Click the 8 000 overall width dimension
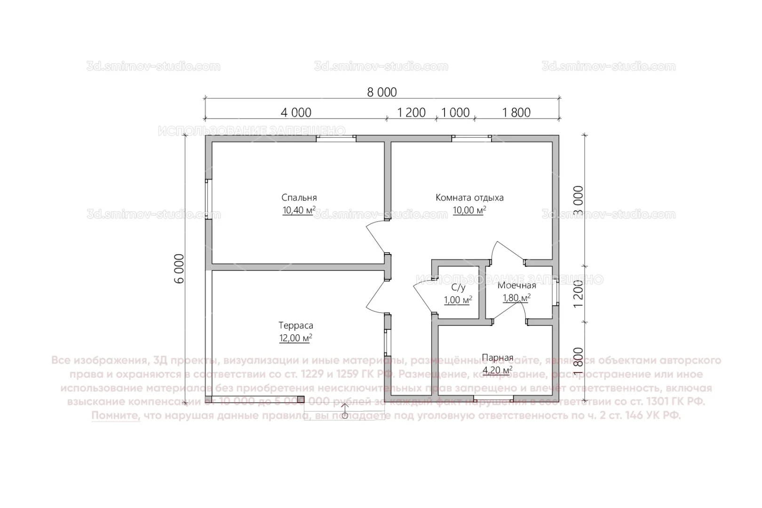click(x=382, y=92)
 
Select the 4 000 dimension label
click(x=296, y=113)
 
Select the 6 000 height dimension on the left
click(x=179, y=269)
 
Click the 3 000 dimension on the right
click(x=579, y=201)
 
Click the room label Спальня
click(x=299, y=198)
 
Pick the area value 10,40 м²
click(x=299, y=210)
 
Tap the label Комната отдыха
click(x=469, y=198)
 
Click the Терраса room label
click(x=295, y=325)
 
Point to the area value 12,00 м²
click(x=295, y=338)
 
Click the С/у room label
click(x=458, y=288)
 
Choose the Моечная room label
click(x=516, y=286)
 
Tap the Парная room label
click(x=497, y=358)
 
